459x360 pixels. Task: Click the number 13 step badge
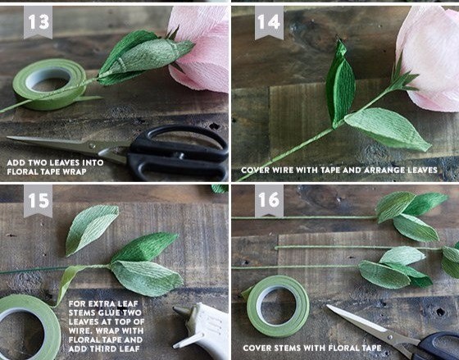click(38, 22)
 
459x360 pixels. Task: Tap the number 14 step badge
click(269, 22)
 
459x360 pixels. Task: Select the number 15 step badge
click(38, 201)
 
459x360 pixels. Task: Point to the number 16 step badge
click(269, 201)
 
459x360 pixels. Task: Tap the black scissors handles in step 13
click(179, 154)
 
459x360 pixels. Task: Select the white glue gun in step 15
click(202, 330)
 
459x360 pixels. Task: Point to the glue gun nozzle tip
click(175, 308)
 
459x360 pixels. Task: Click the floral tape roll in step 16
click(278, 306)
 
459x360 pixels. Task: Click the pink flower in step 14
click(429, 58)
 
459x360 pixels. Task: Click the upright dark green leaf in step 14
click(339, 84)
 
